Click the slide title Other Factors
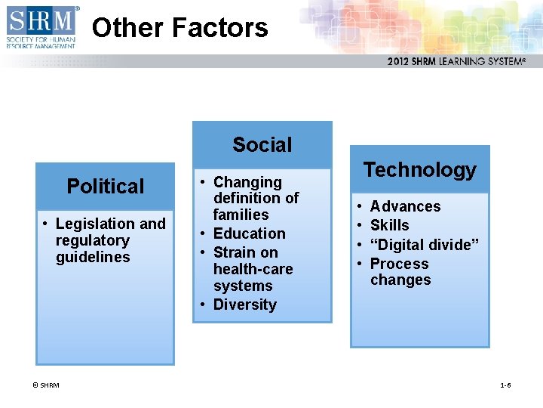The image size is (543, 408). pos(179,28)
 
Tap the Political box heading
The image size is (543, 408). pos(105,186)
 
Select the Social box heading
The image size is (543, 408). pos(262,144)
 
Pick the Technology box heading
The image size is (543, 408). pos(419,170)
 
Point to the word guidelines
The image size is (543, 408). pos(93,257)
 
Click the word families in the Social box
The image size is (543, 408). pos(241,215)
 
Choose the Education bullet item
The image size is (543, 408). pos(249,233)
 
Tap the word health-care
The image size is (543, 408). pos(253,269)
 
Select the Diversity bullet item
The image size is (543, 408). pos(244,304)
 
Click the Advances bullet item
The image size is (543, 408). pos(405,206)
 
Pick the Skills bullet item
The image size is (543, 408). pos(389,225)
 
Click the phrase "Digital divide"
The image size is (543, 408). pos(425,245)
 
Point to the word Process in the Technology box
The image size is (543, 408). pos(399,264)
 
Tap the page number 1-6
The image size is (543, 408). pos(505,385)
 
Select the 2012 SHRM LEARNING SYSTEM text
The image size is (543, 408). pos(456,61)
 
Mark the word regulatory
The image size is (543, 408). pos(92,240)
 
